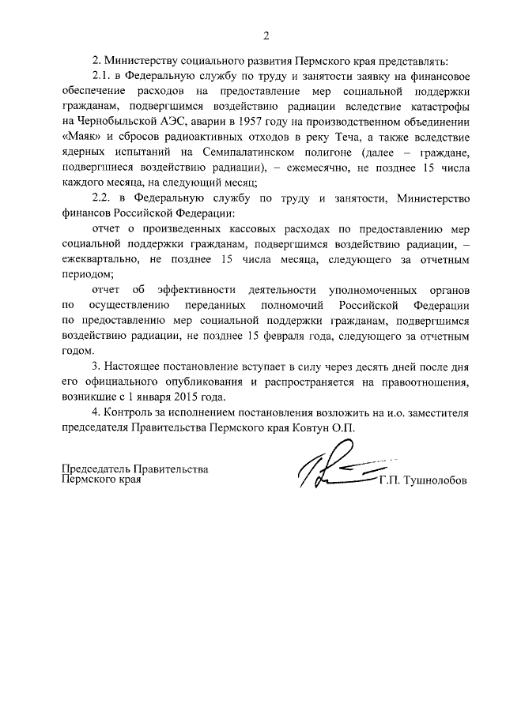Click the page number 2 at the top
tap(266, 35)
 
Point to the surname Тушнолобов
tap(432, 480)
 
